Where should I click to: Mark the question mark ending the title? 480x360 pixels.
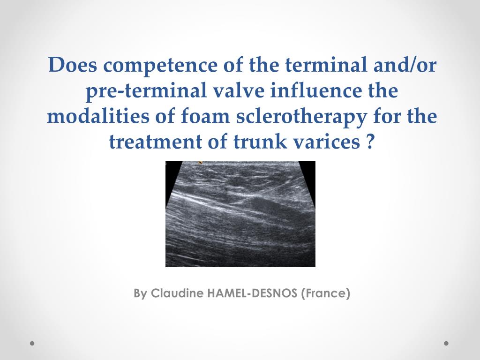coord(370,141)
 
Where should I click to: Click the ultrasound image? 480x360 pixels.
coord(240,214)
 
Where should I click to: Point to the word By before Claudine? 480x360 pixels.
coord(140,294)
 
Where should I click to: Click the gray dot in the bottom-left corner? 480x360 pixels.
coord(32,343)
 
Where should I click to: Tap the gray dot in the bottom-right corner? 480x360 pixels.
coord(446,343)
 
